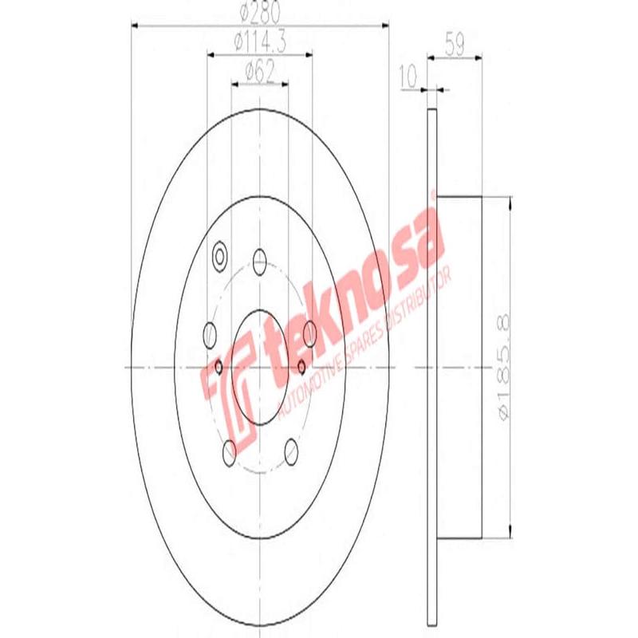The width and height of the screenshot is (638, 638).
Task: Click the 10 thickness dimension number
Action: tap(409, 77)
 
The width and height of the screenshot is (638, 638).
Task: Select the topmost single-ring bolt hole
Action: tap(259, 258)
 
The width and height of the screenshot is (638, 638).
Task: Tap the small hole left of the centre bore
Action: tap(219, 367)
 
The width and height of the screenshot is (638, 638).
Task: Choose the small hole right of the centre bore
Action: tap(301, 366)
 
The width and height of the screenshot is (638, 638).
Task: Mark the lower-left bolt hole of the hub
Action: tap(229, 451)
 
